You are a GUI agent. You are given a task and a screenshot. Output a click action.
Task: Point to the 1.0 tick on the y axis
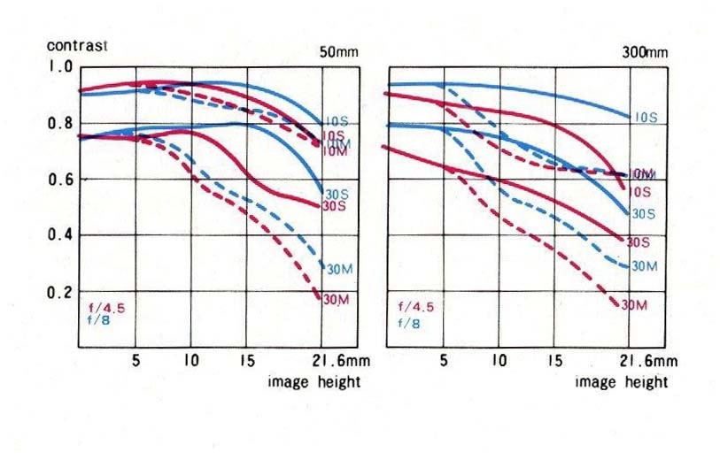[62, 67]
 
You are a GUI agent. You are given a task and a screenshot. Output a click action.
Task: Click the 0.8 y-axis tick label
[62, 123]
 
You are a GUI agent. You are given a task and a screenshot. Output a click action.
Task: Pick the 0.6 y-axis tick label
[62, 180]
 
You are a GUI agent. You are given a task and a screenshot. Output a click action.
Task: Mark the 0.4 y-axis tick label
[62, 235]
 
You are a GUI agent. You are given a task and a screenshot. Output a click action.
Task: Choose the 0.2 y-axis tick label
[62, 292]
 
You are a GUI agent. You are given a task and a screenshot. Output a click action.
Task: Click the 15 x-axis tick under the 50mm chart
[246, 361]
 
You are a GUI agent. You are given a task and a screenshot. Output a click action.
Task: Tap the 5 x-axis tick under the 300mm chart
[443, 361]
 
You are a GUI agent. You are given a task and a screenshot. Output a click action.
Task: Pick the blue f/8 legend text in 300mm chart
[408, 323]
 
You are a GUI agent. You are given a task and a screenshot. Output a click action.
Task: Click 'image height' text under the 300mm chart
[622, 382]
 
